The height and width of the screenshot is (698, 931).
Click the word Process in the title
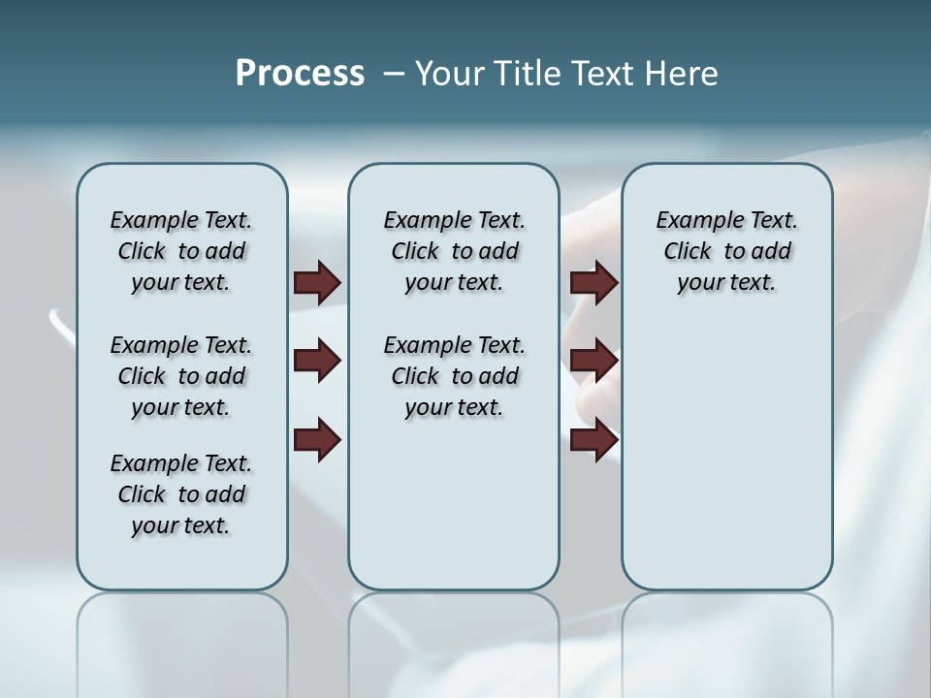pyautogui.click(x=300, y=74)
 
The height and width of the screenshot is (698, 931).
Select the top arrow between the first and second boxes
pyautogui.click(x=317, y=283)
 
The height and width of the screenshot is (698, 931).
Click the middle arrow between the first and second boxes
pyautogui.click(x=317, y=362)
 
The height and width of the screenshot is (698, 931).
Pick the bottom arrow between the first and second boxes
pyautogui.click(x=317, y=440)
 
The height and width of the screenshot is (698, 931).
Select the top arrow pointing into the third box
pyautogui.click(x=594, y=283)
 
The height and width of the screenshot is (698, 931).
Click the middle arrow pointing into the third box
pyautogui.click(x=594, y=362)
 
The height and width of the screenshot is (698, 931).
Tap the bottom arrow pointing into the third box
pyautogui.click(x=594, y=440)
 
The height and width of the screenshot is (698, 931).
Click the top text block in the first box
pyautogui.click(x=181, y=251)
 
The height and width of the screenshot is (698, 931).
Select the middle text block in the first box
pyautogui.click(x=181, y=376)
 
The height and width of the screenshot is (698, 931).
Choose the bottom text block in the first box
pyautogui.click(x=181, y=494)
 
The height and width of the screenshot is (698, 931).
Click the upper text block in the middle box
pyautogui.click(x=454, y=251)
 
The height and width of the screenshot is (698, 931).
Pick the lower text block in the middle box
pyautogui.click(x=454, y=376)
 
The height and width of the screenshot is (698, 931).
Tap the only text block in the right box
pyautogui.click(x=726, y=251)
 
